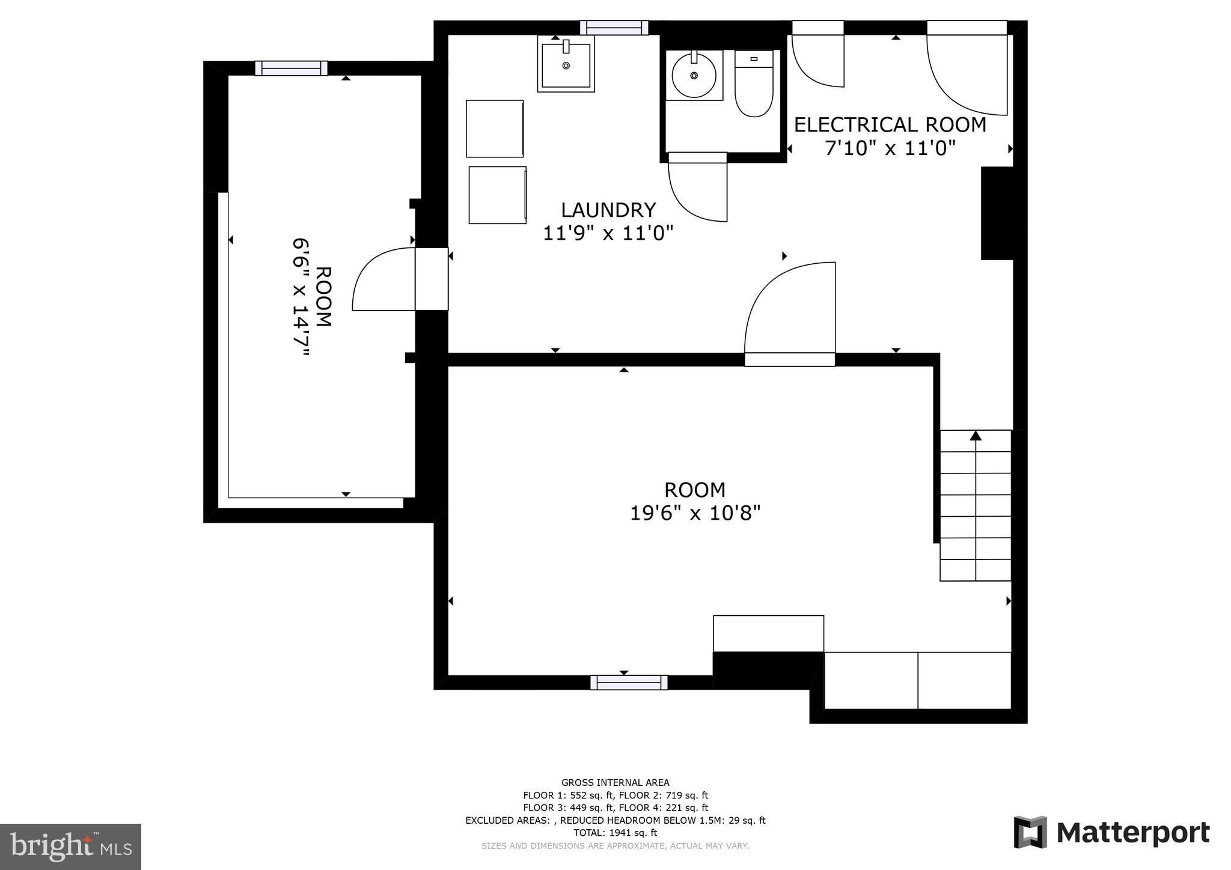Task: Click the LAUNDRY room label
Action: pyautogui.click(x=608, y=210)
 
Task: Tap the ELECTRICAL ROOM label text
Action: pyautogui.click(x=890, y=125)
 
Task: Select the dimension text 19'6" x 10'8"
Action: pyautogui.click(x=695, y=514)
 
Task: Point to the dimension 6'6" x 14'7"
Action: pyautogui.click(x=301, y=297)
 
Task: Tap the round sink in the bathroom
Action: pyautogui.click(x=694, y=75)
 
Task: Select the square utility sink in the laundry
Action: pyautogui.click(x=566, y=63)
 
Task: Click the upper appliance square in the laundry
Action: pyautogui.click(x=495, y=129)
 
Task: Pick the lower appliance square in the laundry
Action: pyautogui.click(x=498, y=195)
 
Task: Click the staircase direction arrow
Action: pyautogui.click(x=976, y=436)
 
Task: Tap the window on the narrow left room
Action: pyautogui.click(x=291, y=68)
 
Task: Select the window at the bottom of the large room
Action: pyautogui.click(x=629, y=683)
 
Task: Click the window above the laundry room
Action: pyautogui.click(x=614, y=28)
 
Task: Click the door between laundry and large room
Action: pyautogui.click(x=790, y=312)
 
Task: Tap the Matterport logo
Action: pyautogui.click(x=1111, y=833)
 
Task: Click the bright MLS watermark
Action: pyautogui.click(x=70, y=847)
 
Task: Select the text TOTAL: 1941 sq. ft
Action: pyautogui.click(x=615, y=833)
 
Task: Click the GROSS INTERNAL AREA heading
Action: pyautogui.click(x=615, y=782)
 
